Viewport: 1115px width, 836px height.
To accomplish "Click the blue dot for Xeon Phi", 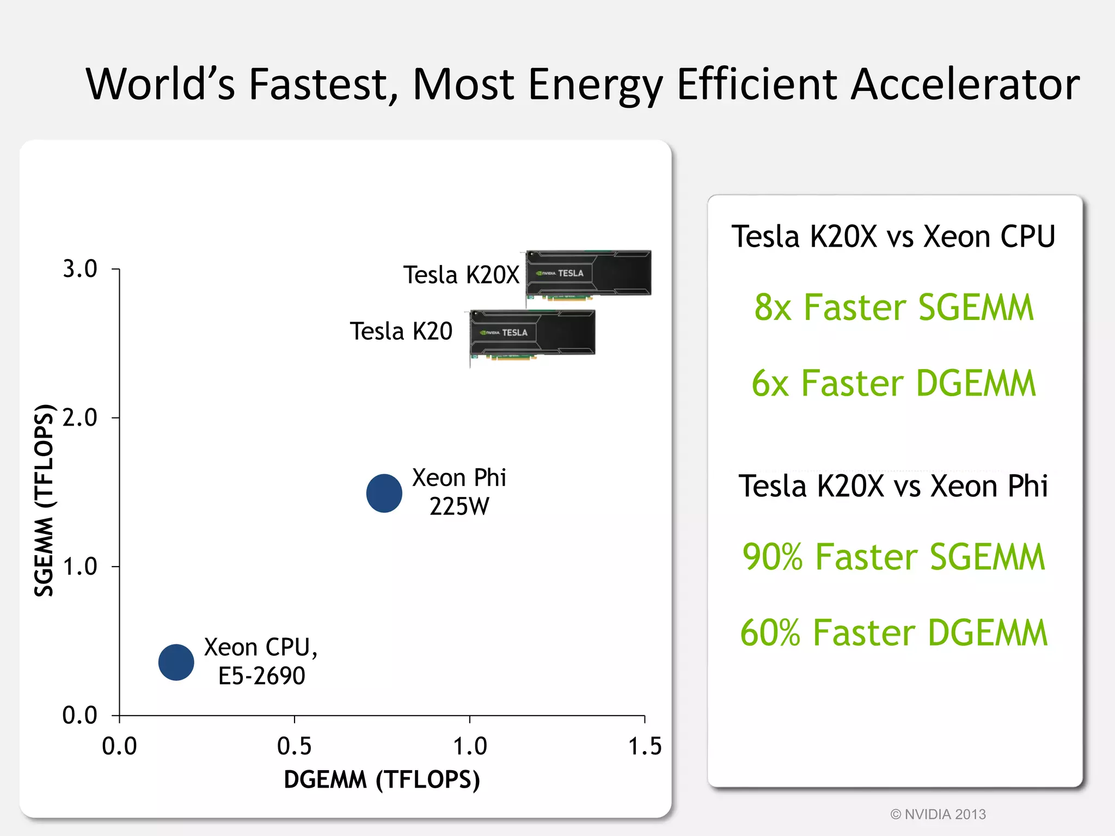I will pyautogui.click(x=384, y=493).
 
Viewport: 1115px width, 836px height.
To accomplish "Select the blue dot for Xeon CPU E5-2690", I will pyautogui.click(x=176, y=662).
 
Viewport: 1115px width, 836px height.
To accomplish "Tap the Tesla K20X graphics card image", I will pyautogui.click(x=589, y=274).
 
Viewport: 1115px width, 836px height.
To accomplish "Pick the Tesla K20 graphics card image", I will pyautogui.click(x=532, y=334).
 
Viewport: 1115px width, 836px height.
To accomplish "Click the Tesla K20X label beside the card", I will pyautogui.click(x=461, y=275).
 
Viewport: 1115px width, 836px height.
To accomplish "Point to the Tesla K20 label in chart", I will pyautogui.click(x=401, y=331).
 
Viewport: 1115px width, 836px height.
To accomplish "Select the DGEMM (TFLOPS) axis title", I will pyautogui.click(x=382, y=779).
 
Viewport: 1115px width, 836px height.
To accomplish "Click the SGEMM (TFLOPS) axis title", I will pyautogui.click(x=44, y=501).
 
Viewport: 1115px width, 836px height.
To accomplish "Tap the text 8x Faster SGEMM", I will pyautogui.click(x=893, y=308).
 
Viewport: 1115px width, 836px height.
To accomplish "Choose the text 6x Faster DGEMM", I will pyautogui.click(x=893, y=383).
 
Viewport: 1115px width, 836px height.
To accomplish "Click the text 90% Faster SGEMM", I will pyautogui.click(x=893, y=557).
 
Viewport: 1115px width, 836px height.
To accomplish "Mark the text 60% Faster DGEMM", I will pyautogui.click(x=893, y=632).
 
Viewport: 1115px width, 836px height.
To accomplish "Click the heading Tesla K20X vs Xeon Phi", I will pyautogui.click(x=893, y=486).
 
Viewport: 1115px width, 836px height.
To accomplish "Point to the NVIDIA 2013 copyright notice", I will pyautogui.click(x=938, y=814).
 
